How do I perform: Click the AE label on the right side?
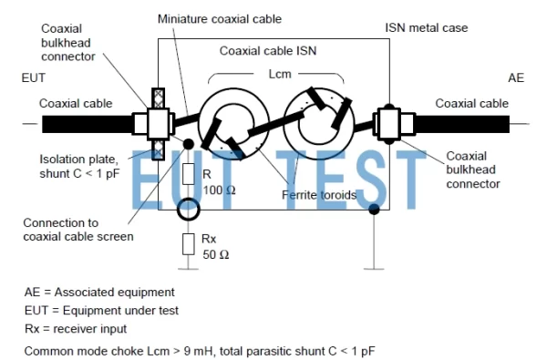point(516,79)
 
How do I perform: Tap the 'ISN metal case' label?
point(426,28)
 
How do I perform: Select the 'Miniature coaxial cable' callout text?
point(219,18)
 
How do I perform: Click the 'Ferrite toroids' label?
point(319,194)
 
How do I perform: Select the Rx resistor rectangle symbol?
point(189,243)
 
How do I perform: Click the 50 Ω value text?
point(214,255)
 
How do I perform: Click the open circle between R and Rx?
point(189,211)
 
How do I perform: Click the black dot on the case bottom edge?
point(374,210)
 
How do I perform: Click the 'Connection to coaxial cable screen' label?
point(78,230)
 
